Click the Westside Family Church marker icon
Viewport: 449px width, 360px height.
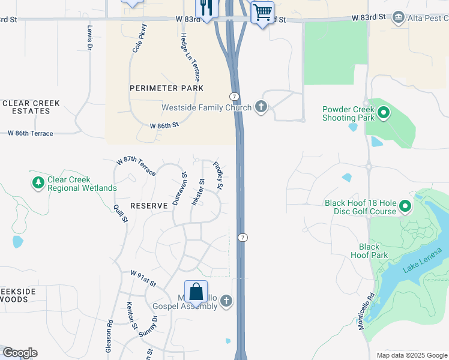tap(261, 107)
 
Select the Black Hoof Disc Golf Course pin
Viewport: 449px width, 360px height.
tap(405, 207)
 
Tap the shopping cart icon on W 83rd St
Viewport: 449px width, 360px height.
tap(262, 11)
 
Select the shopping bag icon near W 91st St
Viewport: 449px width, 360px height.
tap(196, 292)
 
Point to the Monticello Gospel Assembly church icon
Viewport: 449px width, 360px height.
tap(226, 301)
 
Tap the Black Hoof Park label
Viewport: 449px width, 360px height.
tap(369, 251)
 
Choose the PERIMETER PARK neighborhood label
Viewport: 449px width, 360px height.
tap(166, 88)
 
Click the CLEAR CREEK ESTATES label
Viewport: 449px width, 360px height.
tap(31, 107)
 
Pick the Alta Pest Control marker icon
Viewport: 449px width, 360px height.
tap(398, 18)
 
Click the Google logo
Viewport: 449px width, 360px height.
tap(20, 353)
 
